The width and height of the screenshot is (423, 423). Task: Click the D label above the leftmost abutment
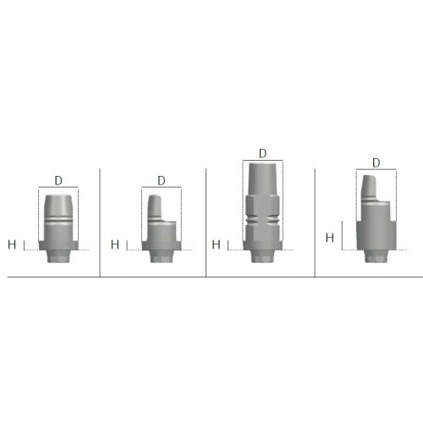tap(58, 180)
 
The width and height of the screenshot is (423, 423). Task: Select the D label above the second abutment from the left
tap(160, 181)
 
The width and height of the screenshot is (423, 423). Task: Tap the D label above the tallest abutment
tap(262, 153)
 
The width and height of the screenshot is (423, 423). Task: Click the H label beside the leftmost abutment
tap(12, 244)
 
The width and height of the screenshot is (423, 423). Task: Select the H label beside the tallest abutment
tap(216, 244)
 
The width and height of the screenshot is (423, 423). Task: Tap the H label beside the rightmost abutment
tap(329, 239)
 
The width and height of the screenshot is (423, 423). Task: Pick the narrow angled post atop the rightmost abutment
tap(370, 188)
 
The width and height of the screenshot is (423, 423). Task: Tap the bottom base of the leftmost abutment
tap(58, 257)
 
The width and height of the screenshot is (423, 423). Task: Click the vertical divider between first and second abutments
tap(100, 222)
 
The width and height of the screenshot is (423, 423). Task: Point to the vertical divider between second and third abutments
tap(206, 222)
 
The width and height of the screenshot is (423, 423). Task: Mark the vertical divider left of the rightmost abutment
tap(315, 222)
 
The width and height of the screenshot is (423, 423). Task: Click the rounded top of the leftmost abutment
tap(58, 201)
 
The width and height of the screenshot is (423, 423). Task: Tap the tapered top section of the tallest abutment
tap(262, 179)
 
